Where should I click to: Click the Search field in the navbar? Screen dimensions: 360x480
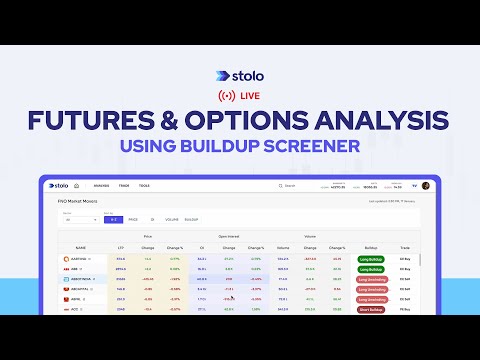click(x=300, y=185)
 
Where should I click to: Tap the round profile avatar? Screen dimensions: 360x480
click(x=425, y=185)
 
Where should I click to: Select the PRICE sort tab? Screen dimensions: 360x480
click(x=134, y=218)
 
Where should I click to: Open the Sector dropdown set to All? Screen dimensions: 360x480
click(x=76, y=218)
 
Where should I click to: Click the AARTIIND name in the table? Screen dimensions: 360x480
click(x=77, y=258)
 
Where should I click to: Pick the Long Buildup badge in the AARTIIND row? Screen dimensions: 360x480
click(x=371, y=258)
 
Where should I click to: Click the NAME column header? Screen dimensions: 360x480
click(x=80, y=246)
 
